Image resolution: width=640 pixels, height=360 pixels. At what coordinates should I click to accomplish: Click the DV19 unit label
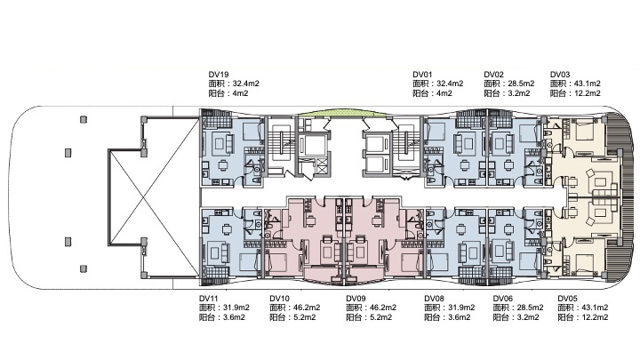click(x=219, y=75)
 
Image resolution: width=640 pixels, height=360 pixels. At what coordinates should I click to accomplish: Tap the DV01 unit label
click(x=422, y=75)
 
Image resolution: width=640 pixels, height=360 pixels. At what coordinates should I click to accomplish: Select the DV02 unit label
click(x=494, y=75)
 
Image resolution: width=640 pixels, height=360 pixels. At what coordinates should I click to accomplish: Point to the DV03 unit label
click(x=560, y=75)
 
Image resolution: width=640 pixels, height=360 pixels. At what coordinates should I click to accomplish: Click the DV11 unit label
click(x=209, y=299)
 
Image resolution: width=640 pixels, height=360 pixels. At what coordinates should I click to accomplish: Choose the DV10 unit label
click(x=280, y=299)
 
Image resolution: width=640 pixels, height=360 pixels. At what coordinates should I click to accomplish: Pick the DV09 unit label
click(x=356, y=299)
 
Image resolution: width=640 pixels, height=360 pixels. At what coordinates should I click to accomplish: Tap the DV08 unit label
click(x=434, y=299)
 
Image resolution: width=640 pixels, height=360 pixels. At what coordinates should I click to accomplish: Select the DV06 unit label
click(x=503, y=299)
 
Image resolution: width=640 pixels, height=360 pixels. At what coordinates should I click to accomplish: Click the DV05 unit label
click(x=568, y=299)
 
